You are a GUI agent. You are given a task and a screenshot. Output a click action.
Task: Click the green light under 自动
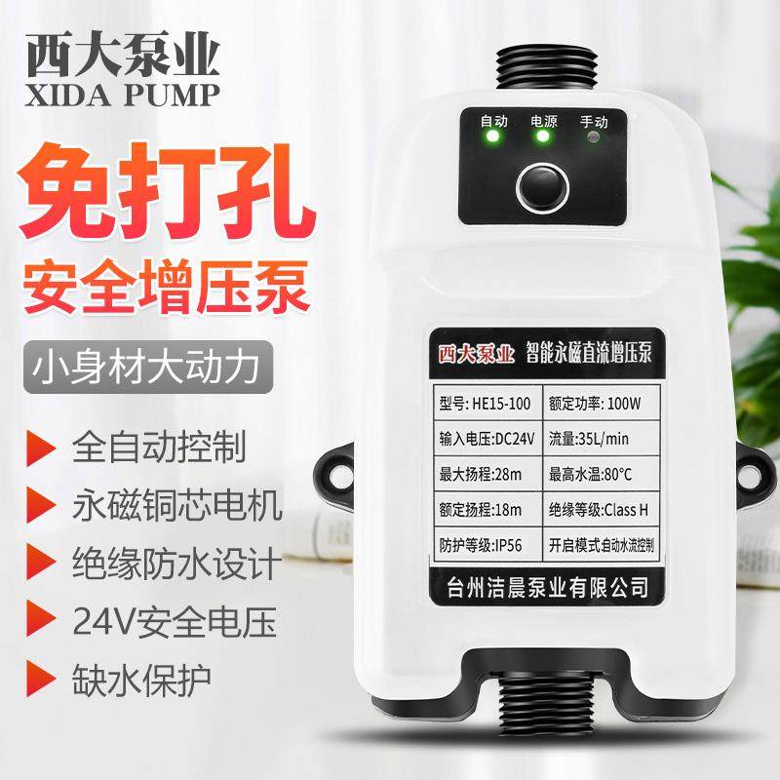pos(493,137)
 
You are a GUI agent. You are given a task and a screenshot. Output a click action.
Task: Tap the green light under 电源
pos(542,137)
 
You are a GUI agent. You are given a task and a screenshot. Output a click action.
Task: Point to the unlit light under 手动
pos(592,137)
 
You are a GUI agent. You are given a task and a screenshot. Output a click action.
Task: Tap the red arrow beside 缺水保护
pos(39,675)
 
